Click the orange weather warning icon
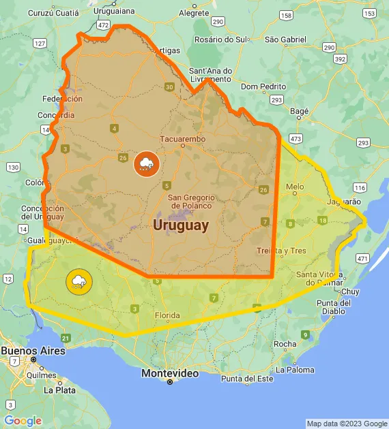click(x=146, y=163)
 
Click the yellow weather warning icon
click(x=78, y=281)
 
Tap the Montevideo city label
click(x=170, y=373)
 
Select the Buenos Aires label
click(x=33, y=351)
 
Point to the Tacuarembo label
click(x=182, y=139)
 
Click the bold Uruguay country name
click(x=181, y=225)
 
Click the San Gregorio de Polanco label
click(x=191, y=201)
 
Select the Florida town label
click(x=167, y=315)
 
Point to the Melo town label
click(x=295, y=186)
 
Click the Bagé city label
click(x=300, y=110)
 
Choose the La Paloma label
click(x=296, y=370)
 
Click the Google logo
click(x=23, y=421)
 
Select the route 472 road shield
click(x=103, y=25)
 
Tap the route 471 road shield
click(x=362, y=259)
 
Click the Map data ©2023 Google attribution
click(x=346, y=424)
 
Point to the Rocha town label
click(x=285, y=344)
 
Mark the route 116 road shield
click(x=360, y=187)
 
